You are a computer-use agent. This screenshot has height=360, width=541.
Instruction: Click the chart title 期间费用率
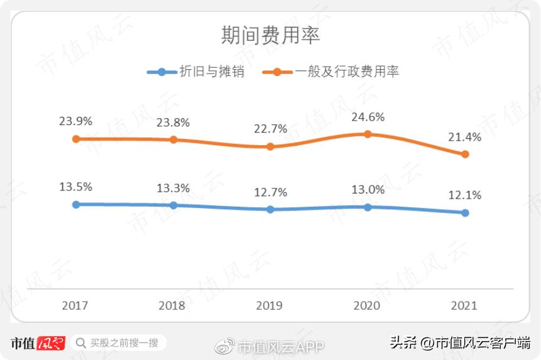tap(270, 35)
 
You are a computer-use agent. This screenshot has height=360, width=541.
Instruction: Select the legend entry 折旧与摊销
tap(195, 72)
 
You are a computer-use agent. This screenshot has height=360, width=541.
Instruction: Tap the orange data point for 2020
tap(368, 134)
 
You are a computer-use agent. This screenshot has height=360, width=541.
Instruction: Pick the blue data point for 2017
tap(76, 204)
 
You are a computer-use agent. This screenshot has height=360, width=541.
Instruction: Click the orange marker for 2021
tap(465, 154)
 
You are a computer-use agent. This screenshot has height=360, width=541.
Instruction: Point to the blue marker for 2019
tap(270, 209)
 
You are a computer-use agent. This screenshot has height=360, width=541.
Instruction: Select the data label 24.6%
tap(368, 117)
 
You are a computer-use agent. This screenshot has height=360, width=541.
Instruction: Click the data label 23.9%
tap(76, 122)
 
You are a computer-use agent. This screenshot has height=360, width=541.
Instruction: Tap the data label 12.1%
tap(465, 195)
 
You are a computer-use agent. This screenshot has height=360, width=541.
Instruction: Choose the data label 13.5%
tap(76, 187)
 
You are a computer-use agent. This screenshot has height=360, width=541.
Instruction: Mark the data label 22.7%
tap(270, 129)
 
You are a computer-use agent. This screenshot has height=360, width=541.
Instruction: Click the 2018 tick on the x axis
tap(172, 306)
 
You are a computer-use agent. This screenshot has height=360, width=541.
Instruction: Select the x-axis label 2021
tap(464, 306)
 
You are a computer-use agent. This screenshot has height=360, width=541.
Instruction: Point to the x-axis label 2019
tap(270, 306)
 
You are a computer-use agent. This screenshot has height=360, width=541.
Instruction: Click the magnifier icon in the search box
tap(81, 343)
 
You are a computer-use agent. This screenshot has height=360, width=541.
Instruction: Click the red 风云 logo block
tap(52, 343)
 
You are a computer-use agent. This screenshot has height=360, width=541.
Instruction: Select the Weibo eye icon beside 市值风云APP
tap(225, 345)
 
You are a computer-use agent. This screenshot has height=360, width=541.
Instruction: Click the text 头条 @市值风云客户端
tap(460, 343)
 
